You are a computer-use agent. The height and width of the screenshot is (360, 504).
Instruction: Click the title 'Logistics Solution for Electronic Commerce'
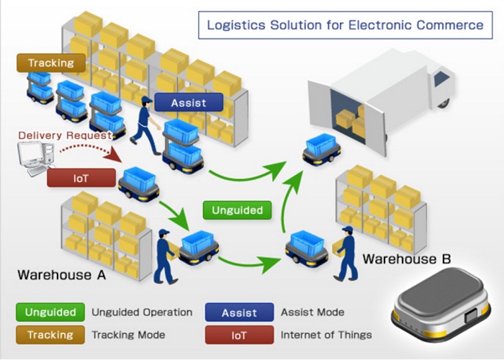pyautogui.click(x=345, y=25)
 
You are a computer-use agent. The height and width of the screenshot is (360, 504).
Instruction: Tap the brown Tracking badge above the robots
pyautogui.click(x=51, y=63)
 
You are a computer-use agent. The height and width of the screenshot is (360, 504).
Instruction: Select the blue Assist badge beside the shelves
pyautogui.click(x=189, y=102)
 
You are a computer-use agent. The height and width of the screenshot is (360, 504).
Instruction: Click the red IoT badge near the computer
pyautogui.click(x=81, y=178)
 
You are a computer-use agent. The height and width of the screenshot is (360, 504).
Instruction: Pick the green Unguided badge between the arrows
pyautogui.click(x=237, y=210)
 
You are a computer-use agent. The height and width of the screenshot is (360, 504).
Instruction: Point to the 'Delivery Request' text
pyautogui.click(x=65, y=135)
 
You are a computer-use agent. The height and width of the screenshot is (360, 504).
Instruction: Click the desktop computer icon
pyautogui.click(x=36, y=158)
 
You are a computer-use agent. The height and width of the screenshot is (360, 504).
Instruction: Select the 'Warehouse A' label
pyautogui.click(x=61, y=275)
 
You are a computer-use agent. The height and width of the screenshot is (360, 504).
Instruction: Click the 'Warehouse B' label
pyautogui.click(x=407, y=258)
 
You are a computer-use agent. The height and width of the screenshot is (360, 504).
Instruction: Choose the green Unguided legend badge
pyautogui.click(x=50, y=312)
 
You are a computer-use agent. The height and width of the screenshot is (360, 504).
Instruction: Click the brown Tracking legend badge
pyautogui.click(x=50, y=335)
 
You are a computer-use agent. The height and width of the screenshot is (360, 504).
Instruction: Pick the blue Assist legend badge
pyautogui.click(x=240, y=312)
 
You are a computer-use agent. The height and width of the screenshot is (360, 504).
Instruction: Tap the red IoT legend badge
pyautogui.click(x=240, y=335)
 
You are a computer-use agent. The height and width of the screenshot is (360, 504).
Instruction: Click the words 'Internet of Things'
pyautogui.click(x=326, y=335)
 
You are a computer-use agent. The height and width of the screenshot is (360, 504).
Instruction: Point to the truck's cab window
pyautogui.click(x=441, y=78)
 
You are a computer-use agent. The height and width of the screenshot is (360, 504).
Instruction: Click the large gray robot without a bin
pyautogui.click(x=440, y=309)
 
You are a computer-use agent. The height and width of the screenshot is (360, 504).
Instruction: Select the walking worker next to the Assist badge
pyautogui.click(x=145, y=125)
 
